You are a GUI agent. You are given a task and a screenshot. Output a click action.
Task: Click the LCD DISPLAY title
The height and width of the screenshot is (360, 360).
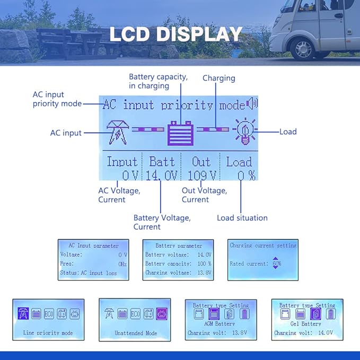(x=175, y=34)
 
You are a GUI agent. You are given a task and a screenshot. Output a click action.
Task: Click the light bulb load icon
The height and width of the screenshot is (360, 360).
(x=244, y=131)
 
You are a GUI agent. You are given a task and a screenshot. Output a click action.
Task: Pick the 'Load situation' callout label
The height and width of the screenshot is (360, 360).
(x=242, y=218)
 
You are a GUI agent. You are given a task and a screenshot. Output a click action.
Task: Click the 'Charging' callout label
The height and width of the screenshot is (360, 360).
(x=218, y=78)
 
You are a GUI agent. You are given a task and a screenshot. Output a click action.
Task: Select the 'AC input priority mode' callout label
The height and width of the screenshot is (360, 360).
(x=57, y=99)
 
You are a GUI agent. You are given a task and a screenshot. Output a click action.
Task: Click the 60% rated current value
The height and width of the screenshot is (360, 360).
(x=277, y=263)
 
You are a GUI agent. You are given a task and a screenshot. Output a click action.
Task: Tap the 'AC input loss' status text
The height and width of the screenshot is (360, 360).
(x=99, y=273)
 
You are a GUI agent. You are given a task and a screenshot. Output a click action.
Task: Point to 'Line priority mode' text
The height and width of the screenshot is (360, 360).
(x=48, y=333)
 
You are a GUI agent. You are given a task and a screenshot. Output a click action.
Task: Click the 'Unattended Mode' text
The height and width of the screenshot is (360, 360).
(x=136, y=333)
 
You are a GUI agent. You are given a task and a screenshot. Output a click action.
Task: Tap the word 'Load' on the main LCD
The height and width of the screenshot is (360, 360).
(x=239, y=162)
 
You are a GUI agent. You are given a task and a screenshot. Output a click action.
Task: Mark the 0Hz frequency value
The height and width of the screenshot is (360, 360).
(x=122, y=264)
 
